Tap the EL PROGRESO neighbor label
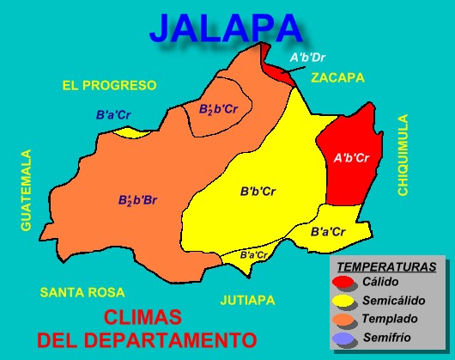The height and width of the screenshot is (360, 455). [x=109, y=85]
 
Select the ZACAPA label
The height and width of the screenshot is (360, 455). [x=337, y=77]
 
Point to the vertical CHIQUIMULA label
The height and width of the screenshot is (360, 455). [x=403, y=156]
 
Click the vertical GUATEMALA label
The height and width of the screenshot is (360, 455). [x=27, y=190]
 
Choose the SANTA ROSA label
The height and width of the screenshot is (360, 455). [x=82, y=292]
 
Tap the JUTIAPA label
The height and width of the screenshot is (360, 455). [x=247, y=300]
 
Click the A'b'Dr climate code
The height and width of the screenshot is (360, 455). [x=307, y=58]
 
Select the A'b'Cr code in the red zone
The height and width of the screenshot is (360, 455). [x=351, y=158]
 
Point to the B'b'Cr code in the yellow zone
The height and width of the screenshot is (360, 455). [x=258, y=191]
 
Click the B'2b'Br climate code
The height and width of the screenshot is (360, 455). [x=137, y=200]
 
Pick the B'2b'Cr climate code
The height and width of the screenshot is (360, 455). [x=218, y=110]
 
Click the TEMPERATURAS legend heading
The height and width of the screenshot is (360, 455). [x=386, y=266]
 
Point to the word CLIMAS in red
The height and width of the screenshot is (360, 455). [x=141, y=314]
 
